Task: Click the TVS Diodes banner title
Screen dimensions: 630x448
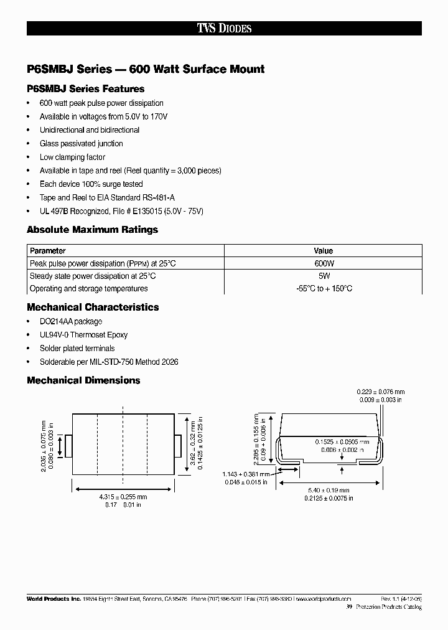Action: point(224,29)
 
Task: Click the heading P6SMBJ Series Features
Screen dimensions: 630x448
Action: point(85,89)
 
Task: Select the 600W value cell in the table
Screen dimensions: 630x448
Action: point(324,263)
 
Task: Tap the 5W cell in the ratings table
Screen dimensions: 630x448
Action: point(324,276)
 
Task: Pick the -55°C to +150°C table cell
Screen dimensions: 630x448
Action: point(324,289)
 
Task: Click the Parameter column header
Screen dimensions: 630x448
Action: point(48,251)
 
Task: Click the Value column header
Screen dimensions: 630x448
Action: point(324,251)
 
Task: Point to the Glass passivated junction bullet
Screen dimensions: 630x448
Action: point(81,144)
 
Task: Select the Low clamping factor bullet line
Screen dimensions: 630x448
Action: point(72,157)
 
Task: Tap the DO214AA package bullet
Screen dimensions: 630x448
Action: point(71,322)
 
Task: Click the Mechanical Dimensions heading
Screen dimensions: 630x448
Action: point(83,380)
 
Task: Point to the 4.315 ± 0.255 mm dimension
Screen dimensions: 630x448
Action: point(124,497)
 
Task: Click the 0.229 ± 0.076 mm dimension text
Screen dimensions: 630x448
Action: point(380,392)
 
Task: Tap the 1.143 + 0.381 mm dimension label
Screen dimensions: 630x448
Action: point(245,474)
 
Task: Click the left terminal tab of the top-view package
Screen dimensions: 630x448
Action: point(69,445)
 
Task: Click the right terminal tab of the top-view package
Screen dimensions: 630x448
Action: point(177,445)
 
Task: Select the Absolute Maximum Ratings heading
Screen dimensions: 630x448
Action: point(92,230)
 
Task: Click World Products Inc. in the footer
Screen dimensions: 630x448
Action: point(54,598)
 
